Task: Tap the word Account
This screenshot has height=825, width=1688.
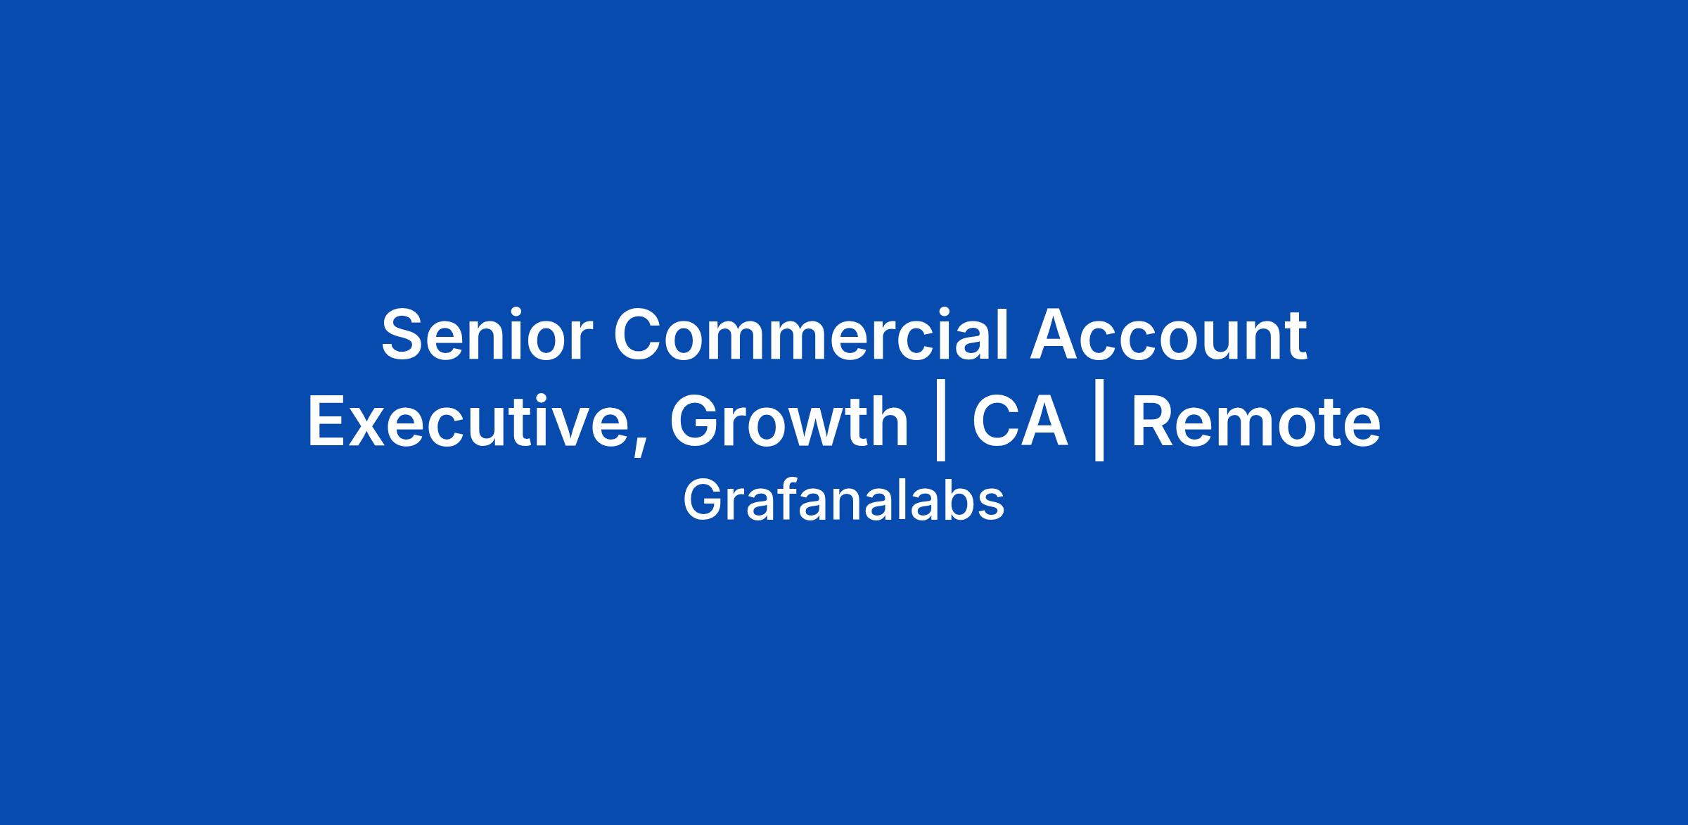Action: coord(1168,335)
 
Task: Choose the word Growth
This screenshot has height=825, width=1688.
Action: coord(789,422)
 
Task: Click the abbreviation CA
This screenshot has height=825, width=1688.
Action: coord(1020,422)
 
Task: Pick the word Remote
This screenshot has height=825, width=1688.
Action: coord(1256,422)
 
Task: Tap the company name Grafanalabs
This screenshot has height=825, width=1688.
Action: coord(843,500)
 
